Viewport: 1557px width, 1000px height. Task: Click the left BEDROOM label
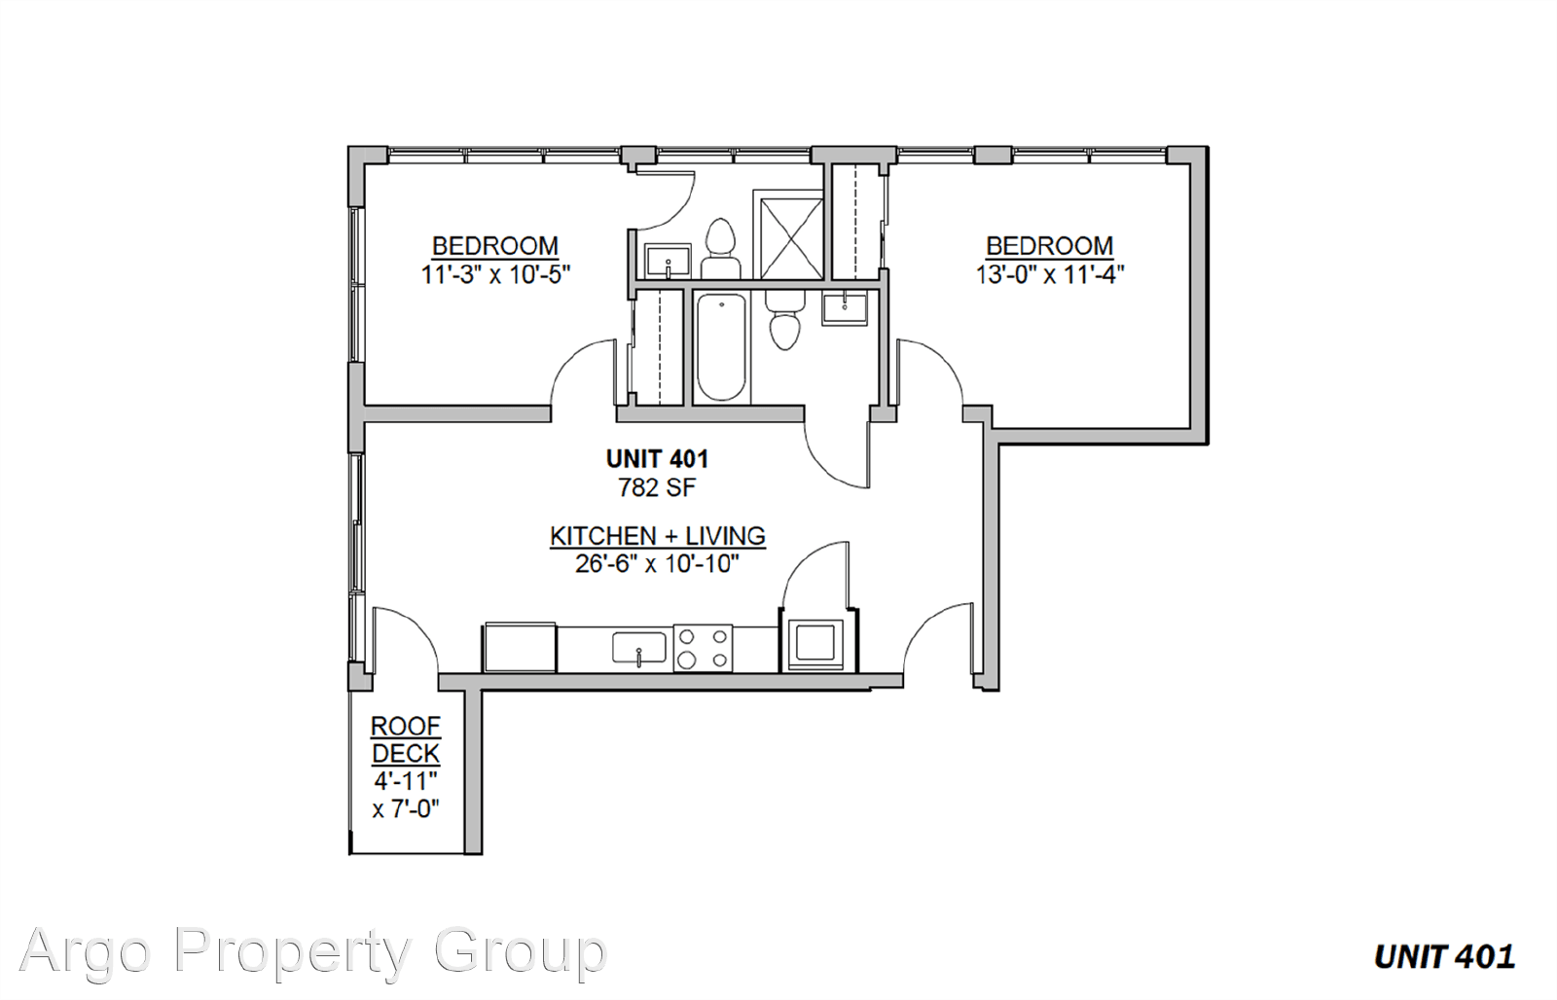click(495, 246)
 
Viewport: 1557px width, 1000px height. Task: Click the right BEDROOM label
click(1050, 246)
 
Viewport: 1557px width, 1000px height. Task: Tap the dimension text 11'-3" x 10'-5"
click(495, 274)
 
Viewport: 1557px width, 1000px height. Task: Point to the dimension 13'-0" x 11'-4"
click(1050, 274)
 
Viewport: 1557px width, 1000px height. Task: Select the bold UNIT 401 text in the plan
click(657, 459)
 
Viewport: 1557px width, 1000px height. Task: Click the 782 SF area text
click(657, 487)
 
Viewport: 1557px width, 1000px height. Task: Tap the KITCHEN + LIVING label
click(658, 536)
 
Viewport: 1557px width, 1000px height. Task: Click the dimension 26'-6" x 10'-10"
click(657, 563)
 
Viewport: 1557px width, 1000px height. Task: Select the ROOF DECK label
click(406, 739)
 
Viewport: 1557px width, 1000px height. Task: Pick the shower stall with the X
click(791, 238)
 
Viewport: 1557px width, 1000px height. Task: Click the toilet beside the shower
click(720, 249)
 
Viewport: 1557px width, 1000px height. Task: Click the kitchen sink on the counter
click(638, 648)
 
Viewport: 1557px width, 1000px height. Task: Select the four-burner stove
click(703, 648)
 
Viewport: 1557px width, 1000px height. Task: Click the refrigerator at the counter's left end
click(520, 647)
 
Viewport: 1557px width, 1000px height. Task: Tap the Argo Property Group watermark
click(312, 951)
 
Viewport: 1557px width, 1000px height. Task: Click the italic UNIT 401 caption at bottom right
click(1444, 957)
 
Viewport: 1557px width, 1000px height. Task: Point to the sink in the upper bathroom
click(668, 262)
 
